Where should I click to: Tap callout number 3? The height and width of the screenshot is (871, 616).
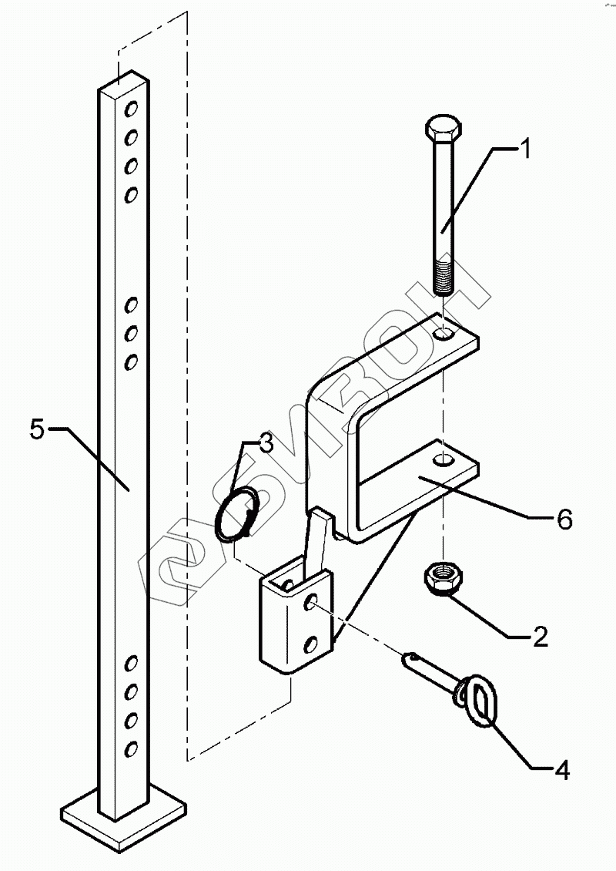point(264,443)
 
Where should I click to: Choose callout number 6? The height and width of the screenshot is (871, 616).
point(564,520)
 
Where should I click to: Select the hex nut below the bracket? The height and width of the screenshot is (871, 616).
point(438,580)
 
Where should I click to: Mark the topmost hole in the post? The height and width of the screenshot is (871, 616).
point(132,106)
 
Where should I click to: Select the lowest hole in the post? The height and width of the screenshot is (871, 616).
point(131,748)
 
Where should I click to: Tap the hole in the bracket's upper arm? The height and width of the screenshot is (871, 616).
point(445,335)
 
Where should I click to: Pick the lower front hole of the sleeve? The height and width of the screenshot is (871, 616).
point(311,641)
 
